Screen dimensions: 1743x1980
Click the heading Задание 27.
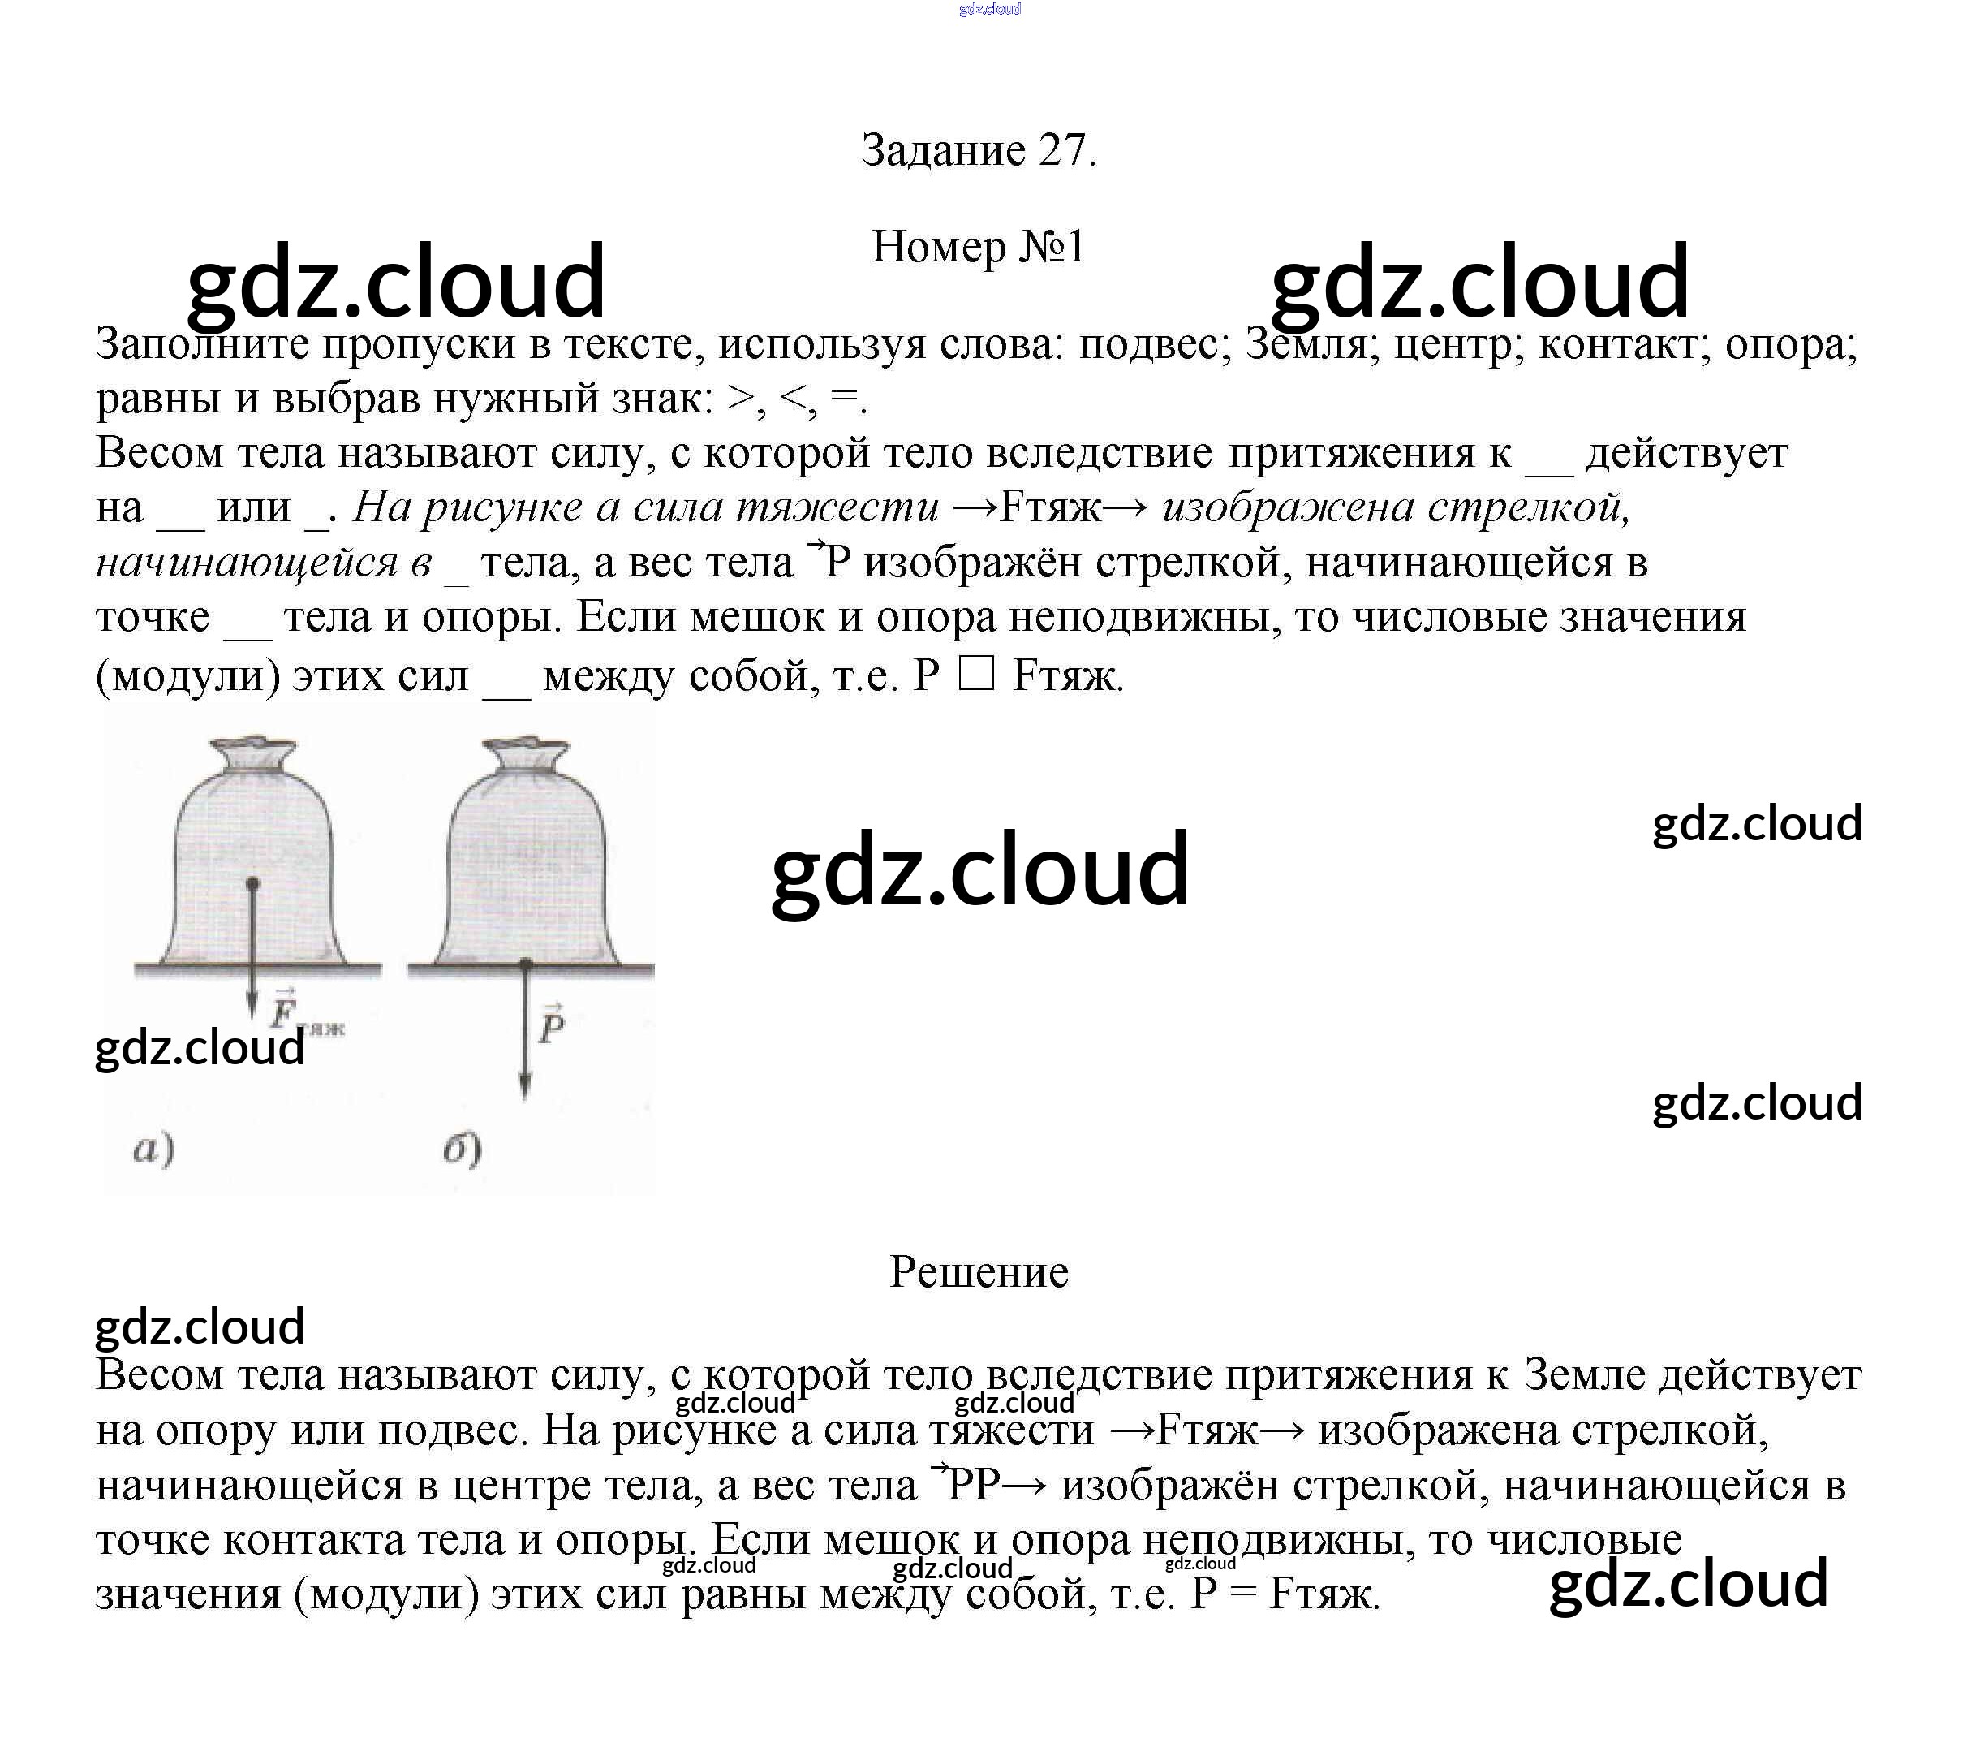(979, 150)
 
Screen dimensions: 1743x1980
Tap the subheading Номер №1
(979, 247)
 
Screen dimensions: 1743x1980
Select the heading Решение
(979, 1271)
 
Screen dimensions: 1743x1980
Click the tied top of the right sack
(527, 753)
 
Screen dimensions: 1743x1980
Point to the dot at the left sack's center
(253, 883)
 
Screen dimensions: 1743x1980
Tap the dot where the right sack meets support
(526, 965)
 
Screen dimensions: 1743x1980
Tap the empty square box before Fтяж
(975, 675)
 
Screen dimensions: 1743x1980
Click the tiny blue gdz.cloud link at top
(990, 10)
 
